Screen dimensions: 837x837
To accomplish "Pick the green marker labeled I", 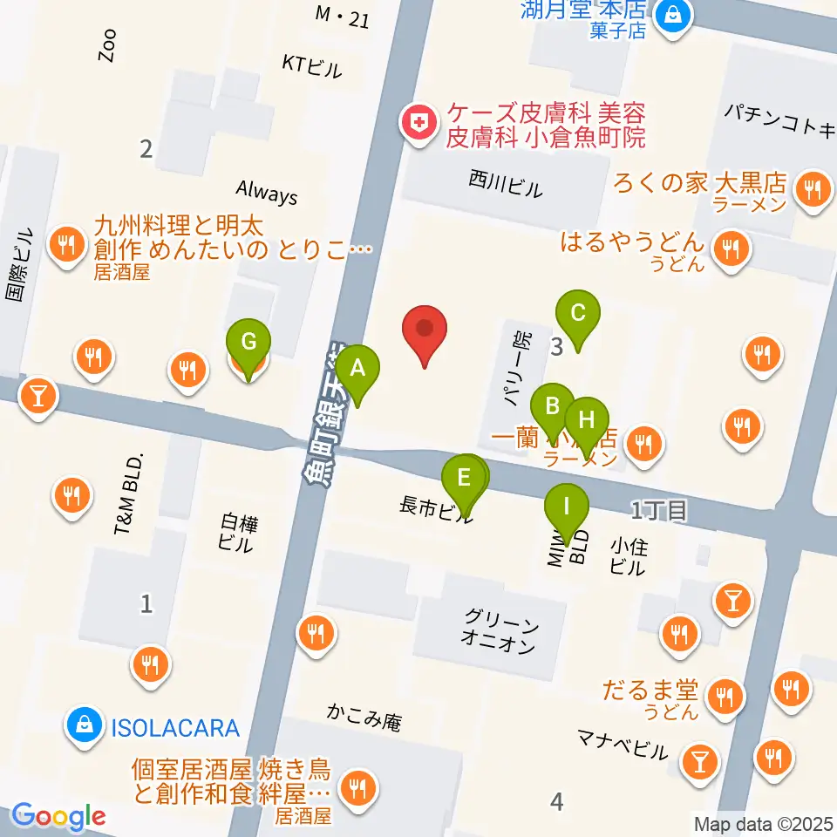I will click(x=567, y=507).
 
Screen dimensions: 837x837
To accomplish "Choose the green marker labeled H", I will click(x=587, y=420).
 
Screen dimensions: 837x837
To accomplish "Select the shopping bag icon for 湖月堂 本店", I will click(x=674, y=14).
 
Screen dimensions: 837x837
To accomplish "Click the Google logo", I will click(x=58, y=817).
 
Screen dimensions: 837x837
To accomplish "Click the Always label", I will click(x=267, y=192).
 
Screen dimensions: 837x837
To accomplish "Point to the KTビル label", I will click(x=311, y=66).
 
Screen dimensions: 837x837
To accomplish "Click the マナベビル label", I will click(x=622, y=746).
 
